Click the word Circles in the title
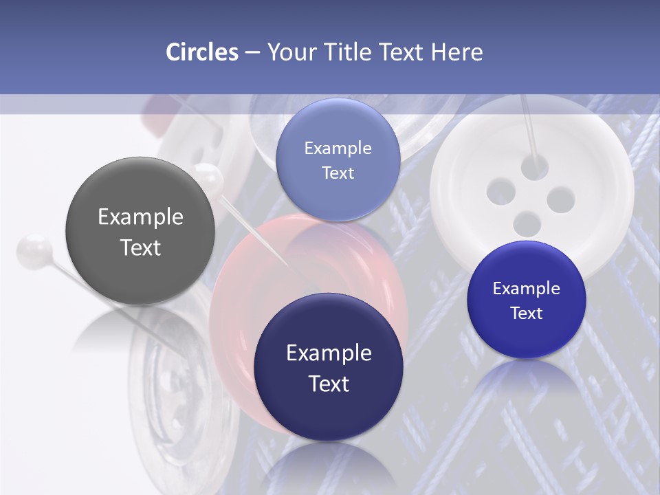[x=202, y=52]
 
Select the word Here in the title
[x=456, y=52]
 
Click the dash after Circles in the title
[x=252, y=53]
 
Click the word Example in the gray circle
[x=140, y=217]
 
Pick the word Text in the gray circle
[x=140, y=247]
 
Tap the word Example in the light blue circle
[x=338, y=148]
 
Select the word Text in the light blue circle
[x=338, y=173]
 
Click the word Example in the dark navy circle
[x=329, y=353]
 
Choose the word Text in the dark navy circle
[x=329, y=384]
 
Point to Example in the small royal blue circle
[x=526, y=289]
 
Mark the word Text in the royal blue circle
[x=526, y=313]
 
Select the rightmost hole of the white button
[x=560, y=199]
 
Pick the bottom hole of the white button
[x=527, y=223]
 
